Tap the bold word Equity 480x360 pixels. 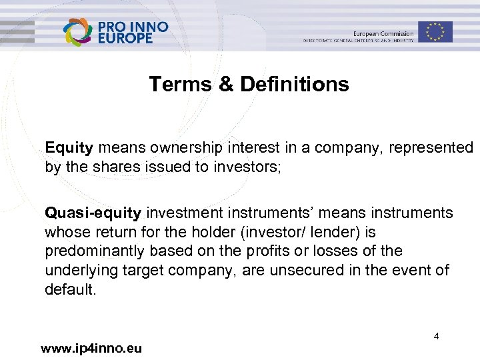[x=69, y=147]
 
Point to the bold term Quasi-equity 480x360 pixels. [x=93, y=213]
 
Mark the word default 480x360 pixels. [x=69, y=289]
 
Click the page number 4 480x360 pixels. [x=436, y=337]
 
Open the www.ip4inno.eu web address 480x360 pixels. [x=91, y=348]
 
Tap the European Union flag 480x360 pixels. [x=436, y=31]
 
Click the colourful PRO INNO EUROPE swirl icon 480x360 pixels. [x=78, y=32]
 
